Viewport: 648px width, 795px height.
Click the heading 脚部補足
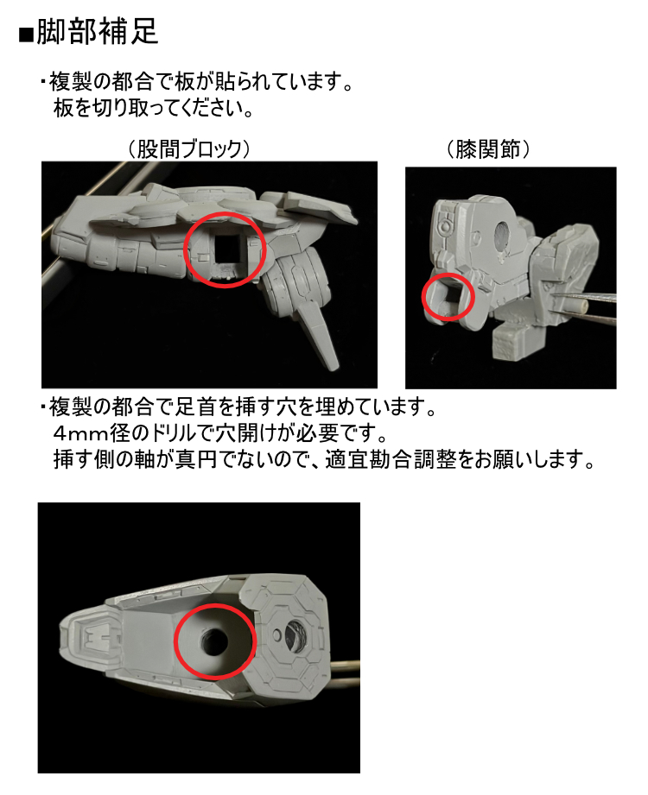point(98,32)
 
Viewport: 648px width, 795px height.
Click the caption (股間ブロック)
point(188,149)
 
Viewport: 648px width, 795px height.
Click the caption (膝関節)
point(487,149)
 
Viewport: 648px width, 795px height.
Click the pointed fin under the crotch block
point(318,335)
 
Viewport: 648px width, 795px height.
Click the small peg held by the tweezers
point(580,305)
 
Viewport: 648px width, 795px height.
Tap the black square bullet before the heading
point(25,35)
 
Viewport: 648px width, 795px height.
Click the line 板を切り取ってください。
point(153,108)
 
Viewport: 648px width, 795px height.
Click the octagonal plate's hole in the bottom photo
point(293,635)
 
